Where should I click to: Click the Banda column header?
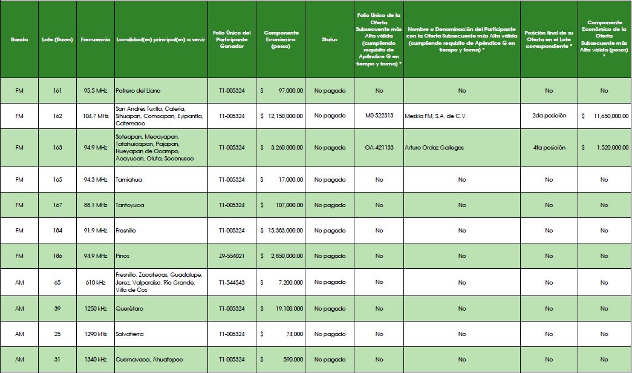point(19,39)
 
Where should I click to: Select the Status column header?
point(330,39)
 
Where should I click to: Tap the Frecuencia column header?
point(95,39)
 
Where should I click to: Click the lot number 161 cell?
point(57,91)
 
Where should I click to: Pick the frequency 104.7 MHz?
point(96,116)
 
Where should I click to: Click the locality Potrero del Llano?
point(138,91)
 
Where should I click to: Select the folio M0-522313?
point(379,116)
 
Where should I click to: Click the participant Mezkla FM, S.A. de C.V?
point(436,116)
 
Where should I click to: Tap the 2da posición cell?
point(549,116)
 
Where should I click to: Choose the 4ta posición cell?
point(549,148)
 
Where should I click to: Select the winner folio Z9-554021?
point(232,256)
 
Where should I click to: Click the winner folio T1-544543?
point(232,283)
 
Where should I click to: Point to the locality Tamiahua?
point(129,180)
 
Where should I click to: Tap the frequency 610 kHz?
point(96,283)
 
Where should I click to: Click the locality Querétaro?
point(130,309)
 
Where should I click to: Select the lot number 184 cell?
point(57,231)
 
